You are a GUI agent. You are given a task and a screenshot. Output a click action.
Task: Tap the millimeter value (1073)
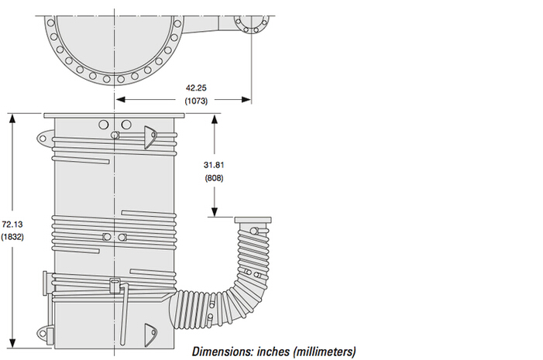coord(196,101)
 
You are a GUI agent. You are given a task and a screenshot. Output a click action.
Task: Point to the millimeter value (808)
coord(215,179)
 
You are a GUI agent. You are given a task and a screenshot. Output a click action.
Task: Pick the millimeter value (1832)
coord(13,237)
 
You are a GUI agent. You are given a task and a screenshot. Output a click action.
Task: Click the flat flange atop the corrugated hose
coord(254,221)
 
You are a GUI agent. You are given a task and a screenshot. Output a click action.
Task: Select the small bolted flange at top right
coord(250,22)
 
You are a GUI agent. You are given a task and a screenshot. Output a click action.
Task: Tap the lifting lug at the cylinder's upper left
coord(44,138)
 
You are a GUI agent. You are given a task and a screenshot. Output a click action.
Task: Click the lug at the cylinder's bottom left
coord(47,334)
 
